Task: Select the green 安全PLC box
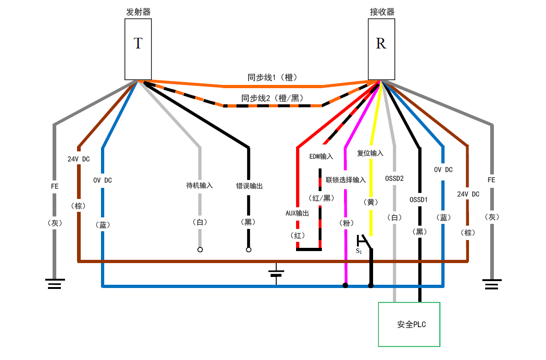(x=409, y=324)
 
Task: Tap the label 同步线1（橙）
(x=272, y=78)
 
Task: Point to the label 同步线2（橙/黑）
(x=272, y=98)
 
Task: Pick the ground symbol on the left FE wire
(x=54, y=283)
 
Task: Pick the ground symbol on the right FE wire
(x=492, y=283)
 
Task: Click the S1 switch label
(x=359, y=251)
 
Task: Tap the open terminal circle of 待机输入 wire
(x=200, y=250)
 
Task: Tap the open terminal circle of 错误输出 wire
(x=249, y=250)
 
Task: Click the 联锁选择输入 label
(x=346, y=180)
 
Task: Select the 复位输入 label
(x=370, y=153)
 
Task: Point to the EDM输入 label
(x=321, y=156)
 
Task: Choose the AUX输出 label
(x=297, y=213)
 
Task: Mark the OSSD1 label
(x=419, y=200)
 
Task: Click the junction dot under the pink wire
(x=345, y=286)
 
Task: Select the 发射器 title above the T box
(x=138, y=12)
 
